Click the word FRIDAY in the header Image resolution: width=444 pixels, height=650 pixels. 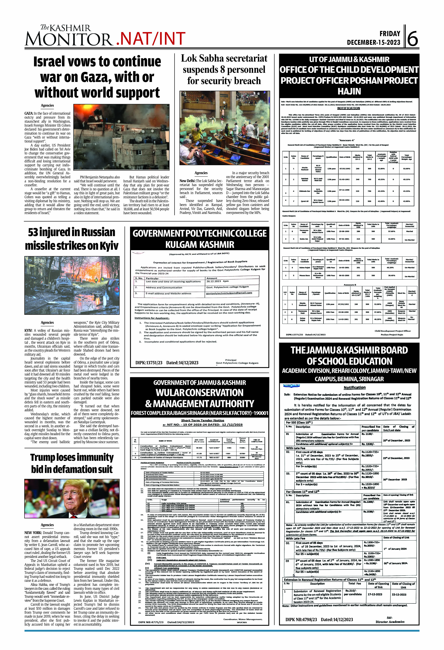click(390, 34)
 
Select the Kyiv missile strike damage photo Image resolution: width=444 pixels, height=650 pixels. click(72, 285)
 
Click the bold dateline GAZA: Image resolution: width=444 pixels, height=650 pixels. click(29, 113)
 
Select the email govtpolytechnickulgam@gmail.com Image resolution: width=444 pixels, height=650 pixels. click(229, 293)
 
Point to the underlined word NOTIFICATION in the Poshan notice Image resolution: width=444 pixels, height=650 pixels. click(348, 108)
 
